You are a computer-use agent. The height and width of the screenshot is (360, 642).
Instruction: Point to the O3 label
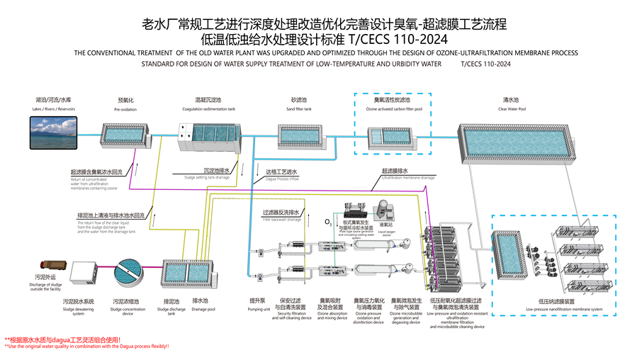click(x=328, y=223)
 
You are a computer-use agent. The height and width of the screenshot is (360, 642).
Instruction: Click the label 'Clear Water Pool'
click(x=514, y=109)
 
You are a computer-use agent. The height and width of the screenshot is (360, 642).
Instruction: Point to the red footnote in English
click(x=87, y=347)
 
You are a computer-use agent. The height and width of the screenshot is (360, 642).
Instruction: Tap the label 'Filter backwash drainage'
click(x=281, y=220)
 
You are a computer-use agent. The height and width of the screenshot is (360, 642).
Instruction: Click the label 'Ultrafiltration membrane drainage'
click(x=408, y=178)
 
